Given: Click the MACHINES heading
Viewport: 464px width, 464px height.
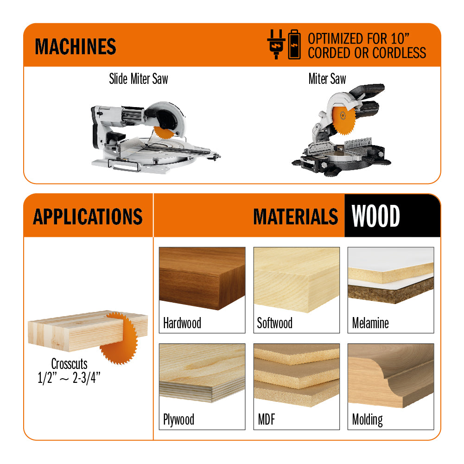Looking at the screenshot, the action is click(76, 46).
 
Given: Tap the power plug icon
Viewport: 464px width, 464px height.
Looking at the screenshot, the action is click(276, 44).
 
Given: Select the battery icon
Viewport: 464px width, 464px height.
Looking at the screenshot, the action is click(294, 44).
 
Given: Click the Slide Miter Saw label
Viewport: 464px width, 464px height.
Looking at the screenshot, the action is click(139, 79).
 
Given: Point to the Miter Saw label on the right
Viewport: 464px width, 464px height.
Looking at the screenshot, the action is click(327, 79).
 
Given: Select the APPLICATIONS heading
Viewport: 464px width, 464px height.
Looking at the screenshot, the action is click(88, 216).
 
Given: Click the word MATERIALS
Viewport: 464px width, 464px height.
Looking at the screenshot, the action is click(296, 216).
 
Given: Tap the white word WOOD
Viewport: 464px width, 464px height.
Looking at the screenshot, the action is click(375, 216).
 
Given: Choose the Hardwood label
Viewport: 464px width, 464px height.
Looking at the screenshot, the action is click(182, 323).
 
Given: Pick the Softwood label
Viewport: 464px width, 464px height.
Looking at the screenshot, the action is click(274, 323).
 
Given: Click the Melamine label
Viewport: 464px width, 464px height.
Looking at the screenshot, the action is click(370, 323).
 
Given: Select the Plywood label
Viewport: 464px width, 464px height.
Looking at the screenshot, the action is click(179, 420).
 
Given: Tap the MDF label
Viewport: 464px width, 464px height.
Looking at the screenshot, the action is click(267, 420).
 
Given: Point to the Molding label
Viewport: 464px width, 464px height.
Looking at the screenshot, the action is click(368, 420).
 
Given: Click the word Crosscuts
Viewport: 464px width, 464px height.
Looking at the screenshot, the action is click(69, 364).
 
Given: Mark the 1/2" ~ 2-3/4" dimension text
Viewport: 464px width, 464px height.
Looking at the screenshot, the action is click(69, 378).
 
